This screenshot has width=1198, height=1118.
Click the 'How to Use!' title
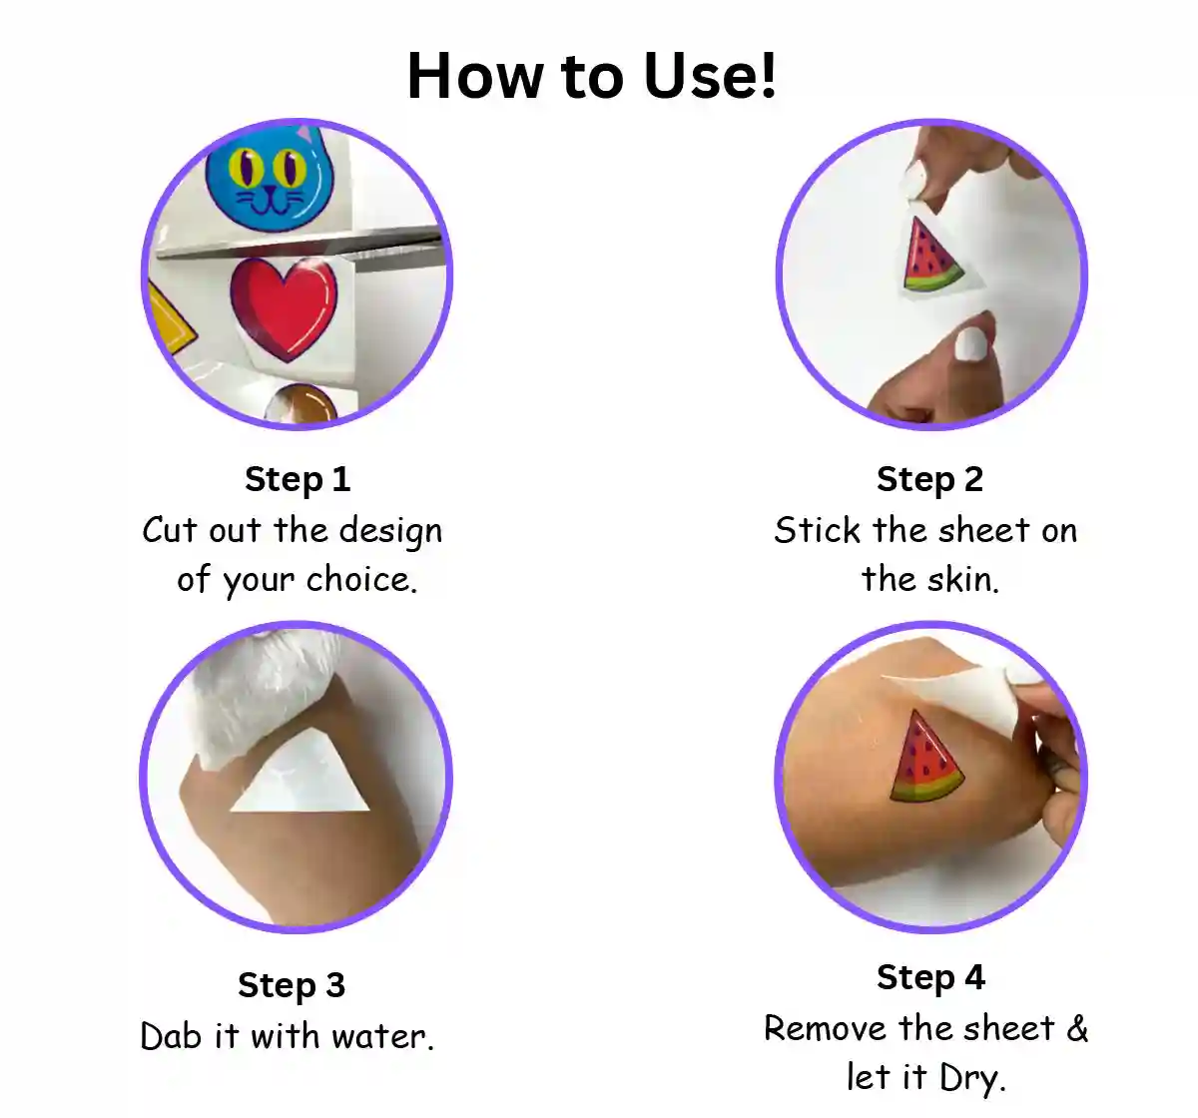click(591, 76)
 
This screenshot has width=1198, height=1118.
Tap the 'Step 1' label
click(298, 480)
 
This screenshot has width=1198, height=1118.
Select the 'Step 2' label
click(929, 480)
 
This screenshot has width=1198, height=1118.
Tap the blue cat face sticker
click(269, 178)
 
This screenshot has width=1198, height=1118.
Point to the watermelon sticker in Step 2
click(929, 257)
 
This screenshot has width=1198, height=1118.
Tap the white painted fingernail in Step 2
click(971, 344)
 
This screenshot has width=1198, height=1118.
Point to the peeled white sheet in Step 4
click(965, 694)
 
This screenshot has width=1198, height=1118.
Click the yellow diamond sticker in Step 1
click(171, 318)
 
